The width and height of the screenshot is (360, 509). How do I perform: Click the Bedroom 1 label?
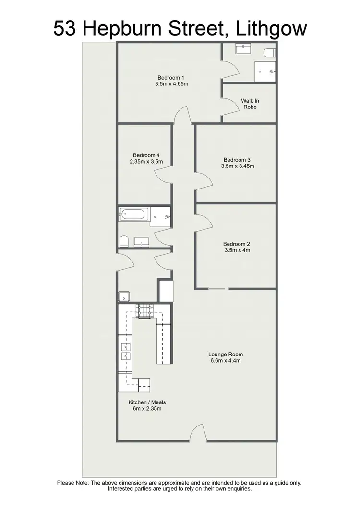tap(170, 78)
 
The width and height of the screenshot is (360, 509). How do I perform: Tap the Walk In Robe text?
tap(250, 104)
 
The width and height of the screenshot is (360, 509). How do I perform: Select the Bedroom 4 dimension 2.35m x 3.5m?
tap(146, 162)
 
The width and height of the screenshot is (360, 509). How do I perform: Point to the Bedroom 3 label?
tap(237, 160)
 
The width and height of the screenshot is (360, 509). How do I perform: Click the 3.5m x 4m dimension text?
tap(237, 250)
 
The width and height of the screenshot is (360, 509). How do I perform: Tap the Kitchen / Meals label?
tap(147, 402)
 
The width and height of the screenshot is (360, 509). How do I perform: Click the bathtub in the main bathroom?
tap(134, 214)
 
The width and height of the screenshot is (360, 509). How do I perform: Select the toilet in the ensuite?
tap(269, 51)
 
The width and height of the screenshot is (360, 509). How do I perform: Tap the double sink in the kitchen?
tap(125, 352)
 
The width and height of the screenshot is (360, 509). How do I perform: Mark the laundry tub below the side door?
tap(124, 296)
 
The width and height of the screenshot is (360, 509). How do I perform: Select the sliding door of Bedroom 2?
tap(218, 289)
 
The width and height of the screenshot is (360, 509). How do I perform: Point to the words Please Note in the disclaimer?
tap(73, 483)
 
